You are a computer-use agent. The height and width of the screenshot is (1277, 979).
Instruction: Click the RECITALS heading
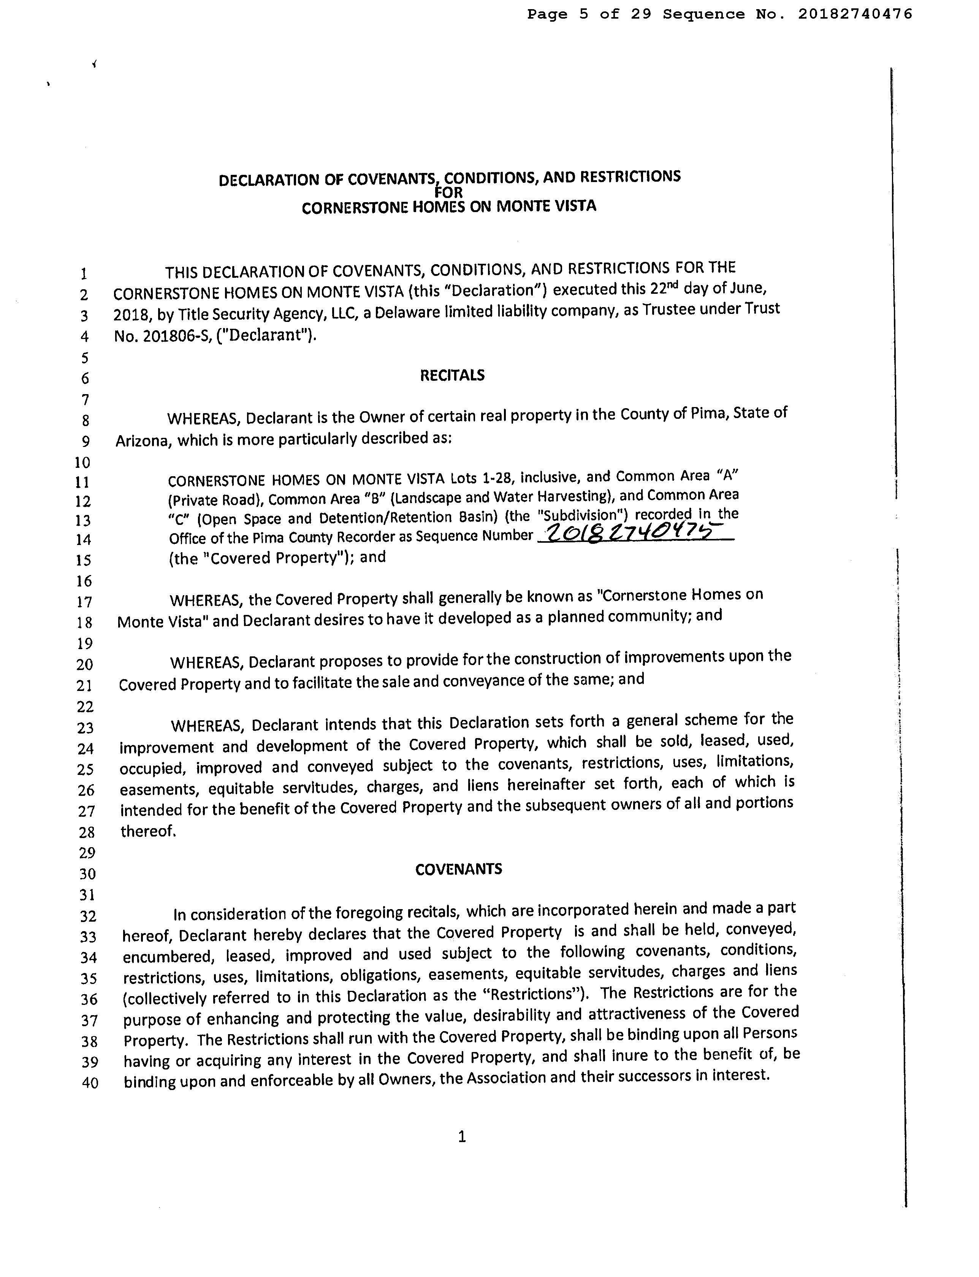pos(452,375)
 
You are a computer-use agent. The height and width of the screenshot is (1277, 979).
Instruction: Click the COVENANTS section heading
pos(459,870)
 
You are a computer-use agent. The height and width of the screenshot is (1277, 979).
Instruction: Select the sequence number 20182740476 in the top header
pos(855,14)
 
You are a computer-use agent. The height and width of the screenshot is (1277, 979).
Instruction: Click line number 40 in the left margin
pos(89,1083)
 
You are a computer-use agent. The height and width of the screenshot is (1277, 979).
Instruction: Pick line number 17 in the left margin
pos(85,602)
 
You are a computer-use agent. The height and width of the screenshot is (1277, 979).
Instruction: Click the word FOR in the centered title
pos(449,192)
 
